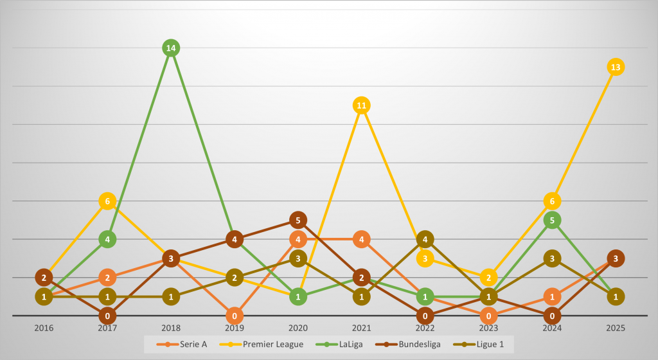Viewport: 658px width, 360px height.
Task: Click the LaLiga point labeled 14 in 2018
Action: [x=171, y=48]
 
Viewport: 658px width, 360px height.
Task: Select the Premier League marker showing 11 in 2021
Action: [x=362, y=105]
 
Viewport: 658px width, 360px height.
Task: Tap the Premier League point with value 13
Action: [x=616, y=67]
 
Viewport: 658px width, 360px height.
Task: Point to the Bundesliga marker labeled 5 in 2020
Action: [x=298, y=220]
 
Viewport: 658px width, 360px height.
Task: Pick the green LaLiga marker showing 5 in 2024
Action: [x=552, y=220]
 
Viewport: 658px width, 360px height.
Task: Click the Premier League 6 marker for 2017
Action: [x=107, y=201]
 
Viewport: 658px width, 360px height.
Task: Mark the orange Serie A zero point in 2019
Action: [x=235, y=316]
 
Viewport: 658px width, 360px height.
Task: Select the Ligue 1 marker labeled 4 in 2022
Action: [x=425, y=239]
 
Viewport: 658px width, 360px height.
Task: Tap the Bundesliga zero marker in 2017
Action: [x=107, y=316]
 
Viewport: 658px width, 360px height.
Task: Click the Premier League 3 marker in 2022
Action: [x=425, y=258]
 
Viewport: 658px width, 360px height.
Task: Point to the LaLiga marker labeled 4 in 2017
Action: [x=107, y=239]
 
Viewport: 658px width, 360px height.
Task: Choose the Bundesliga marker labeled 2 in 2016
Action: [x=44, y=278]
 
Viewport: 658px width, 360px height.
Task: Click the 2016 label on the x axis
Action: [x=44, y=328]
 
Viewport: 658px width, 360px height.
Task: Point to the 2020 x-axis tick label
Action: [x=298, y=328]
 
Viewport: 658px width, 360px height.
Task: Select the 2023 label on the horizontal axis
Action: [x=488, y=328]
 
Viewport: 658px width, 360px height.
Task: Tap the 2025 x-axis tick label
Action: [x=616, y=328]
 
